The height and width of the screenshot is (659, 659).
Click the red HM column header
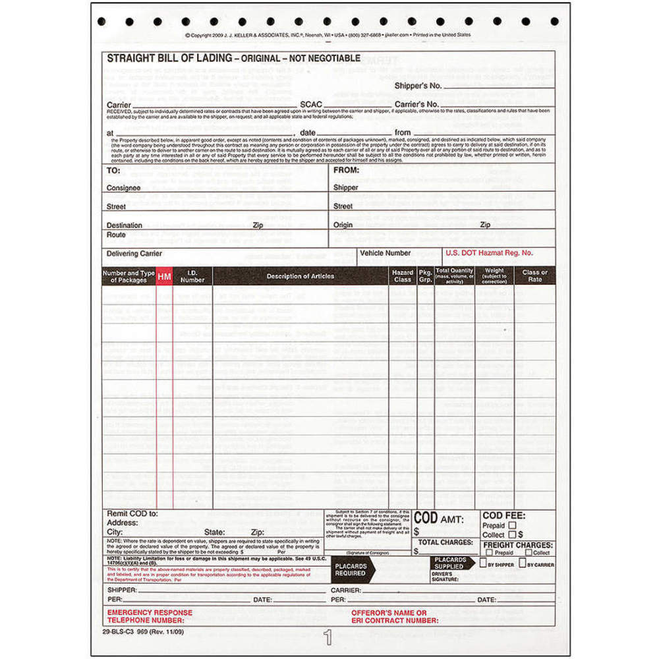pyautogui.click(x=164, y=276)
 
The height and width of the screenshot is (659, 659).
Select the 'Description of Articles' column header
pyautogui.click(x=300, y=276)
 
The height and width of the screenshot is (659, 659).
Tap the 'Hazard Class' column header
pyautogui.click(x=402, y=275)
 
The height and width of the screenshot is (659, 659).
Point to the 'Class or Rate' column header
pyautogui.click(x=534, y=275)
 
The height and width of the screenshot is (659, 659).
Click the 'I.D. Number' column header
pyautogui.click(x=192, y=275)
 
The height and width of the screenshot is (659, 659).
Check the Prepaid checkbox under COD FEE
pyautogui.click(x=512, y=525)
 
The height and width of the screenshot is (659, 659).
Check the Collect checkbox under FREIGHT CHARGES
pyautogui.click(x=529, y=553)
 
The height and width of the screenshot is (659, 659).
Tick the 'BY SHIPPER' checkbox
pyautogui.click(x=483, y=563)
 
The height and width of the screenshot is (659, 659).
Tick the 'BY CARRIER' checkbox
pyautogui.click(x=522, y=563)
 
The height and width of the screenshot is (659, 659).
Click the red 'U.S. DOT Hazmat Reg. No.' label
pyautogui.click(x=489, y=252)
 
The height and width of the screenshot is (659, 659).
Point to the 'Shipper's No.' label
pyautogui.click(x=417, y=86)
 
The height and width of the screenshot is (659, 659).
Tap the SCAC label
pyautogui.click(x=311, y=104)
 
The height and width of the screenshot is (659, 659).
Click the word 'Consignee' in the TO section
pyautogui.click(x=123, y=188)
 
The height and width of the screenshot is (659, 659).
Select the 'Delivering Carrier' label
pyautogui.click(x=134, y=253)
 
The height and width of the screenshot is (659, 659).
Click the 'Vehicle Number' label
pyautogui.click(x=386, y=252)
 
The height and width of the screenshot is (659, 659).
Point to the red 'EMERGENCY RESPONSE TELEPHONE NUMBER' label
pyautogui.click(x=150, y=616)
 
